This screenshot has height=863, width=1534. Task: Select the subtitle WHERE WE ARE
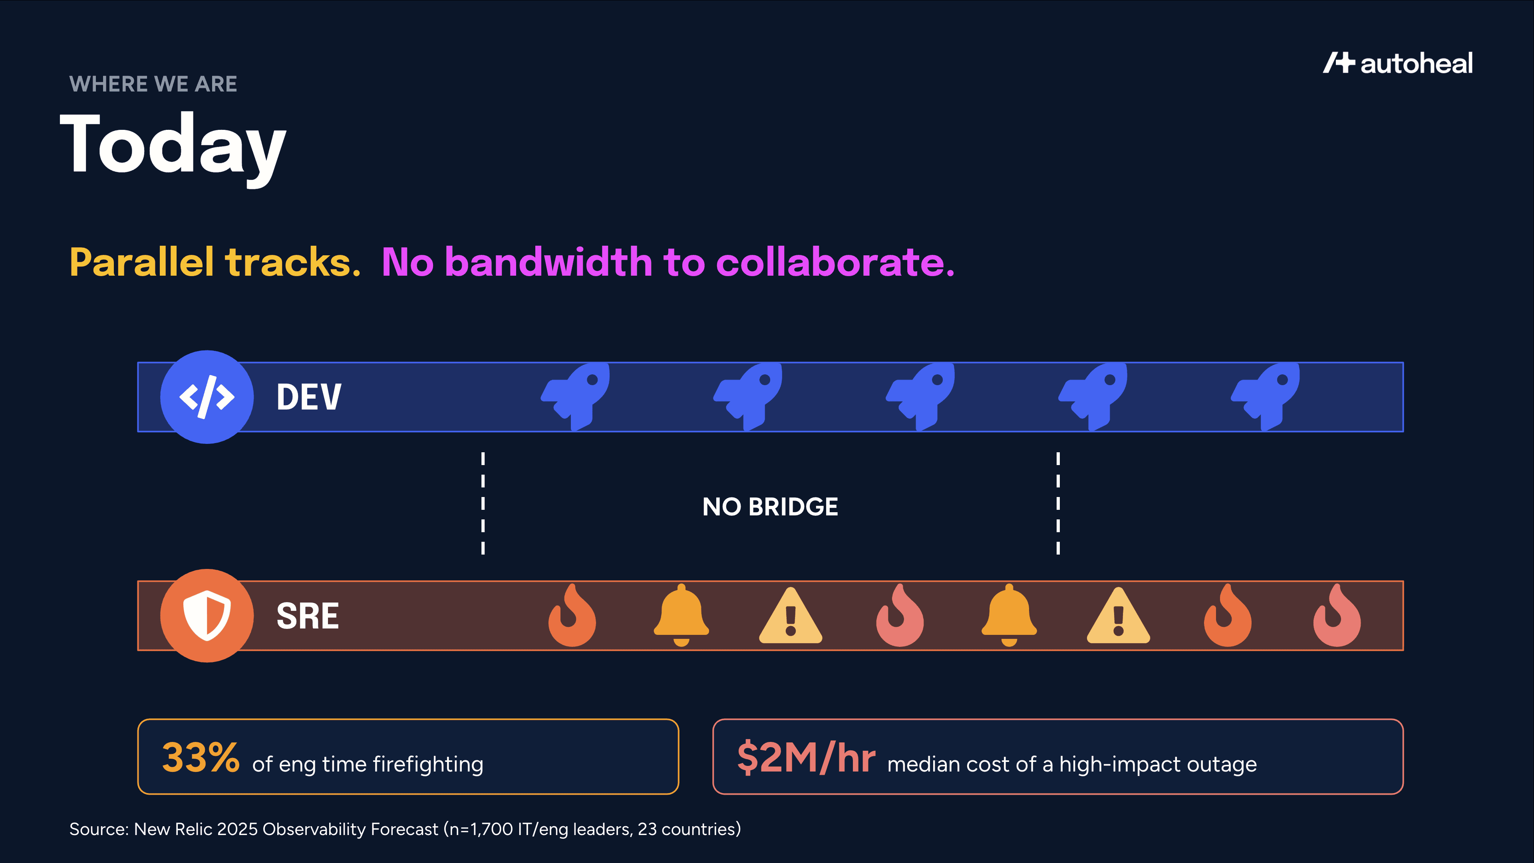[153, 84]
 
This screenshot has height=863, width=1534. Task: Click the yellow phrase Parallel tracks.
[215, 262]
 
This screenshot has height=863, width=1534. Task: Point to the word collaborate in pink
[835, 262]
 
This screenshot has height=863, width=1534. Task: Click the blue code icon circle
[207, 397]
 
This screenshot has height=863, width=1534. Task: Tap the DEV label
[308, 397]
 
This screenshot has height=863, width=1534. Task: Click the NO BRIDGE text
[770, 507]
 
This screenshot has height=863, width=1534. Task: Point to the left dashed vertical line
[483, 503]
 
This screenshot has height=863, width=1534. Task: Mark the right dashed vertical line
[1058, 503]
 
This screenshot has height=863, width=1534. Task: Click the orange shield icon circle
[207, 615]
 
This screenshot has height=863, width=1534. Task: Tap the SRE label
[307, 616]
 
